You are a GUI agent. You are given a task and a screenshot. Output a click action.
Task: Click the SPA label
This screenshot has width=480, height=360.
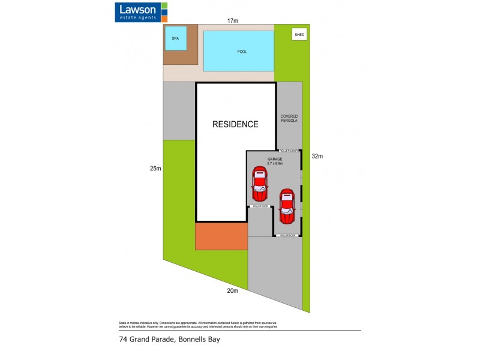175,38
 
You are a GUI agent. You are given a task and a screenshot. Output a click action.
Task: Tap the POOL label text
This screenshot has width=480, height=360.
242,52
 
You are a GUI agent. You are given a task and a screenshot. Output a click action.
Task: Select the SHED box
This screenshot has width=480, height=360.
299,35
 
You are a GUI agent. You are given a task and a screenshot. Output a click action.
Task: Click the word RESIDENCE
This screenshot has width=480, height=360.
236,125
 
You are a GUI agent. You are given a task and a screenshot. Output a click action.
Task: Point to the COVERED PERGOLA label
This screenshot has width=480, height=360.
289,118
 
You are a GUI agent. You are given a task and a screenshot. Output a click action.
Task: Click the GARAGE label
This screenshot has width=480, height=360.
275,159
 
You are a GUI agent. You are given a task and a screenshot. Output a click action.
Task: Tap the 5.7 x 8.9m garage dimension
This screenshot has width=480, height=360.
275,164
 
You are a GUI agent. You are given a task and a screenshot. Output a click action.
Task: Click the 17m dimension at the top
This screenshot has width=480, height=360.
233,21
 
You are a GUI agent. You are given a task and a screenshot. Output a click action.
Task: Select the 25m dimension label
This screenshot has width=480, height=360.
156,169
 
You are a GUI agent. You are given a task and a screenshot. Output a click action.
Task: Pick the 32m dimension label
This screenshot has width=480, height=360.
317,157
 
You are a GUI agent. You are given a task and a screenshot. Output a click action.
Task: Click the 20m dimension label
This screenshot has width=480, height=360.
233,292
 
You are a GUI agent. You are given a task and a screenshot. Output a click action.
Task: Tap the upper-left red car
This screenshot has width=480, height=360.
259,185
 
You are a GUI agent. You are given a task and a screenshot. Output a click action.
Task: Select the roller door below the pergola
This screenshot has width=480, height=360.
288,151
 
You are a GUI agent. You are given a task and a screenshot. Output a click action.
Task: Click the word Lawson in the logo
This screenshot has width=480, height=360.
137,9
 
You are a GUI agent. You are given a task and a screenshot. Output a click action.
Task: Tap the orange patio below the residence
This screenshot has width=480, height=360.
221,236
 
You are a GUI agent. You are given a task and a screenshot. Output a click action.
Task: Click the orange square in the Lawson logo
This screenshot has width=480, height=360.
164,18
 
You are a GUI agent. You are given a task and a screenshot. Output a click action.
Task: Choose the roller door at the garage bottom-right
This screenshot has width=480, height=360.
287,235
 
